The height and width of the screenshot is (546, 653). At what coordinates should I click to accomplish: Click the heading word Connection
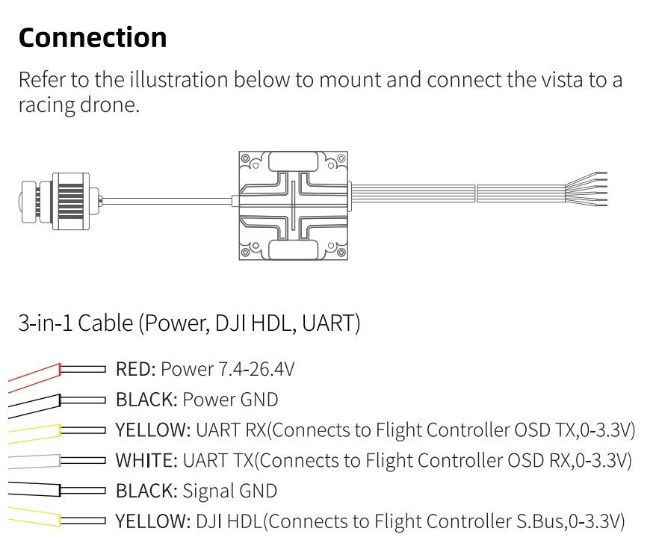coord(93,37)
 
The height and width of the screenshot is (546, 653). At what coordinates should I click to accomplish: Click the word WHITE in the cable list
coord(146,460)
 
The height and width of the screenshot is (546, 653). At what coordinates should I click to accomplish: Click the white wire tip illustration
coord(57,461)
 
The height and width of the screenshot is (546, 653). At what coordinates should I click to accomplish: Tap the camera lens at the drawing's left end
coord(28,202)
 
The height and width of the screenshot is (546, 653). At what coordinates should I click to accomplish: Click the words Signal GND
coord(230,491)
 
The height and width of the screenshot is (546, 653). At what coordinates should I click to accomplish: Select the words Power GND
coord(230,400)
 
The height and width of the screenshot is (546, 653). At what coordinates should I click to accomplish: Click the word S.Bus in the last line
coord(539,521)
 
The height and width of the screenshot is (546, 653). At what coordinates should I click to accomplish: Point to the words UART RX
coord(231,429)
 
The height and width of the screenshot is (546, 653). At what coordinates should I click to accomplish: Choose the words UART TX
coord(218,460)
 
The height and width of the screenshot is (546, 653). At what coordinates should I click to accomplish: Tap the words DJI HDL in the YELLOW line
coord(229,521)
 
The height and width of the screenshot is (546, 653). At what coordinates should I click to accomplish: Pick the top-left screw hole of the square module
coord(245,158)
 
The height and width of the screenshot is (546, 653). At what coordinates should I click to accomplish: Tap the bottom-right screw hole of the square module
coord(341,252)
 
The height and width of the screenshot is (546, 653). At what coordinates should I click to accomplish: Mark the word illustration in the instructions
coord(179,79)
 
